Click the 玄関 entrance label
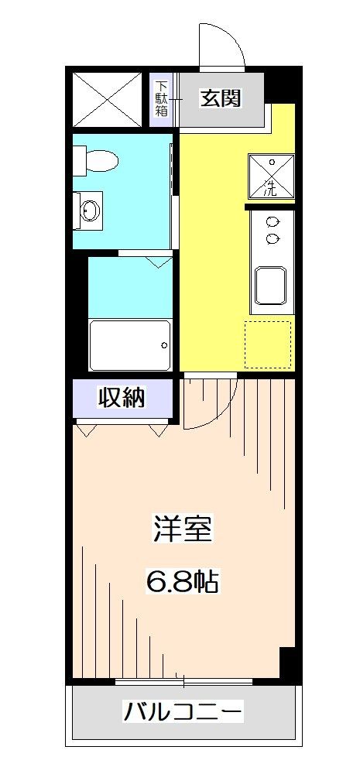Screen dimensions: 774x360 pyautogui.click(x=221, y=98)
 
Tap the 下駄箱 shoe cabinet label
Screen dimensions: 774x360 pyautogui.click(x=162, y=98)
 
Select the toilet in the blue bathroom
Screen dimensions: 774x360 pyautogui.click(x=98, y=161)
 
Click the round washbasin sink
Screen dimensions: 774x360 pyautogui.click(x=91, y=208)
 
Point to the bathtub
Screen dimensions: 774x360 pyautogui.click(x=129, y=345)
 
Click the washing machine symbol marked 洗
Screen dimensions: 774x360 pyautogui.click(x=271, y=176)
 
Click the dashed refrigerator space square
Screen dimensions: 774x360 pyautogui.click(x=269, y=344)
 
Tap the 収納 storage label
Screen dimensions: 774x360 pyautogui.click(x=122, y=398)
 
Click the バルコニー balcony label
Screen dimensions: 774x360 pyautogui.click(x=184, y=711)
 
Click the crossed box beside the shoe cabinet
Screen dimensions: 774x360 pyautogui.click(x=109, y=98)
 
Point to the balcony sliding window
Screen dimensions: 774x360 pyautogui.click(x=183, y=682)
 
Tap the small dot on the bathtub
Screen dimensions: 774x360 pyautogui.click(x=164, y=345)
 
